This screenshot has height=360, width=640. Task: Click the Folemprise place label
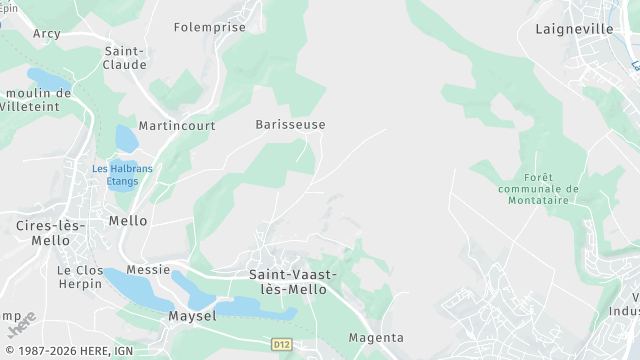click(x=210, y=27)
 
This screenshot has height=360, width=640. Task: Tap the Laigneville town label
click(x=574, y=29)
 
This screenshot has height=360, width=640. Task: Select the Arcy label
click(x=46, y=33)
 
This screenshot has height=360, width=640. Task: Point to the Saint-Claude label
click(x=125, y=57)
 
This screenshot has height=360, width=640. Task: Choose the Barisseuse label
click(x=290, y=125)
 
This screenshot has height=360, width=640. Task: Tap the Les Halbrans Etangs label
click(x=122, y=174)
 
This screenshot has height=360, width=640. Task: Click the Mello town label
click(x=128, y=221)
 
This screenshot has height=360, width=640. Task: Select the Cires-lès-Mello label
click(x=43, y=233)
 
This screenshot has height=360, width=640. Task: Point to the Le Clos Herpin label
click(x=80, y=277)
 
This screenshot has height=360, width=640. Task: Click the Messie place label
click(x=148, y=270)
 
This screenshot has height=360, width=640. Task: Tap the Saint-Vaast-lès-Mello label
click(x=292, y=281)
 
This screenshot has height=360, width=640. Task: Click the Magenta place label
click(x=375, y=337)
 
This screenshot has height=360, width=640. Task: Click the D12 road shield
click(x=282, y=343)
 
